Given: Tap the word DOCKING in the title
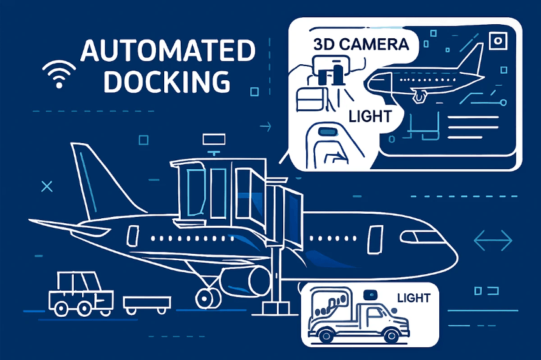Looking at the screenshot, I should point(167,82).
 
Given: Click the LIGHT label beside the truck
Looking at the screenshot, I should point(413,298).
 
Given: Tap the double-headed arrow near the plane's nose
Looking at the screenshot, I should point(493,240).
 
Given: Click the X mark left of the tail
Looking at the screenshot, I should point(46,186).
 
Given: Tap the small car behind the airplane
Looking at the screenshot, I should point(79,294).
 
